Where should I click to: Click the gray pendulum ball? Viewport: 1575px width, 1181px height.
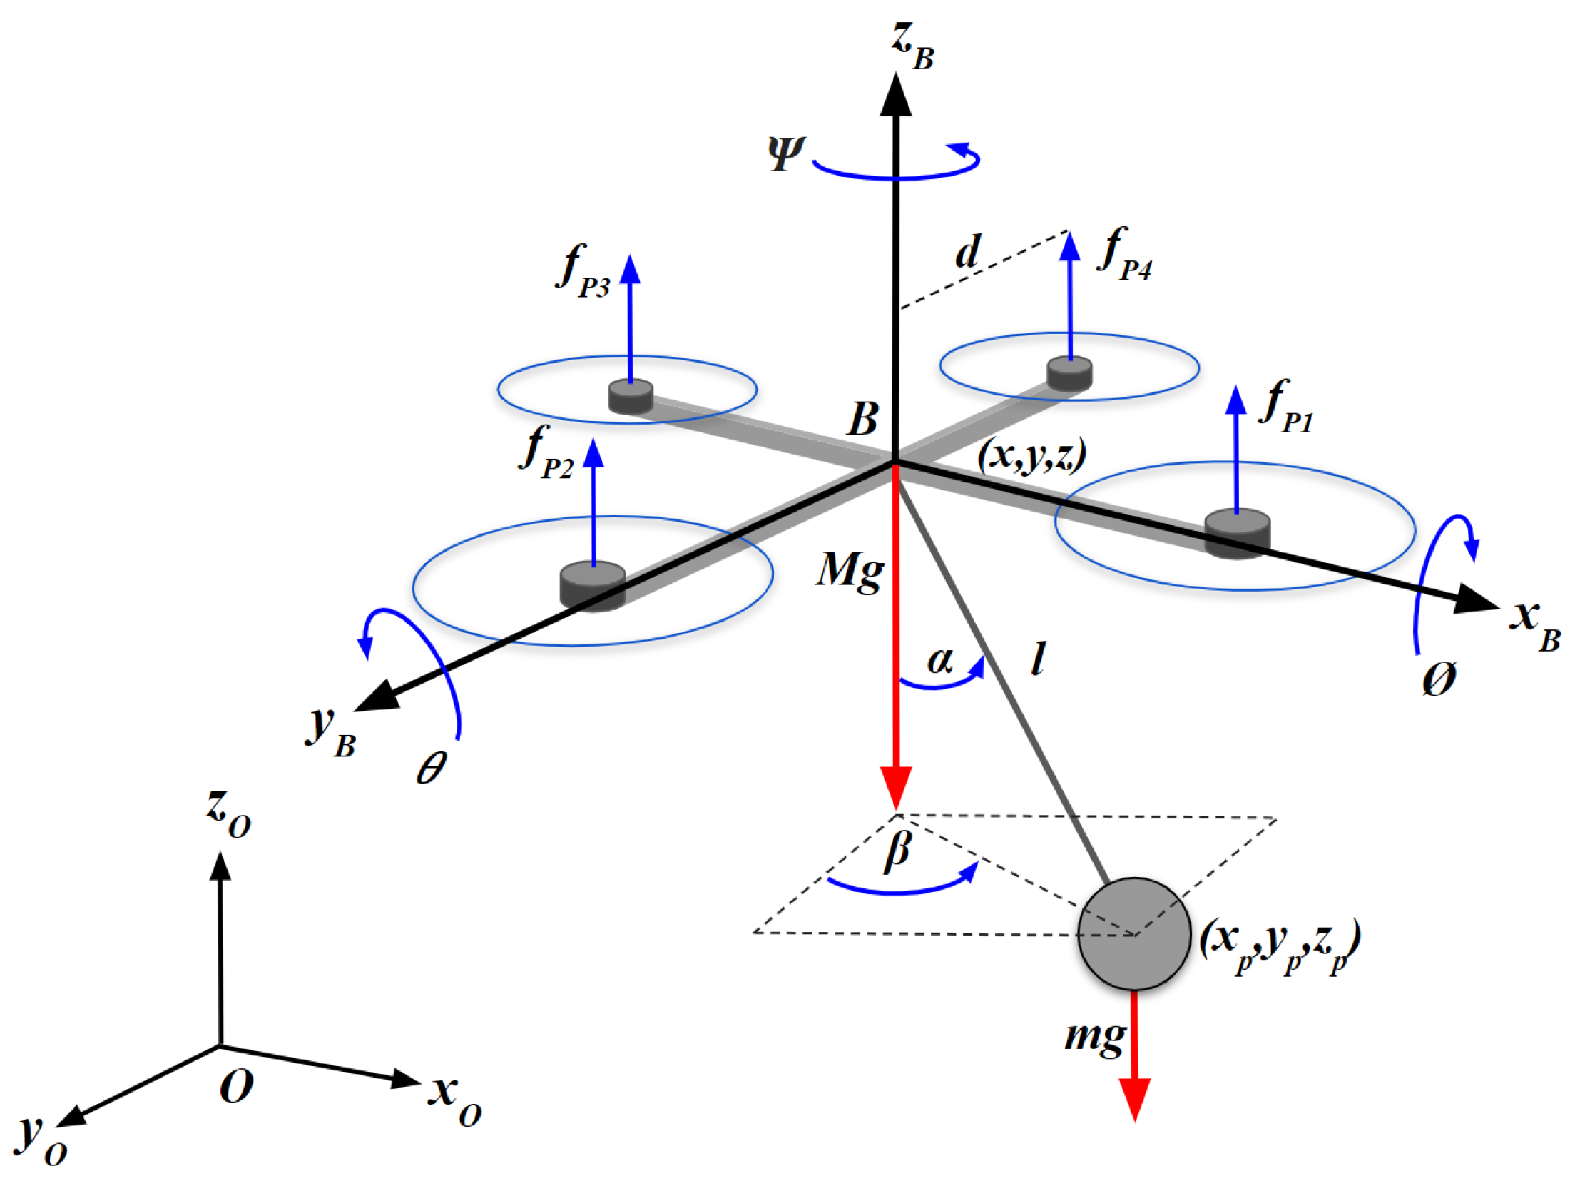[x=1133, y=933]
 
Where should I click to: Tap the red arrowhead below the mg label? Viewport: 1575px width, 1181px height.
[x=1134, y=1100]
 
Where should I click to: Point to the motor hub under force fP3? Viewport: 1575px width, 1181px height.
[x=631, y=397]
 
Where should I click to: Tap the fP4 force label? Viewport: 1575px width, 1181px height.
[x=1125, y=255]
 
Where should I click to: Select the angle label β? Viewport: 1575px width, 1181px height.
[x=897, y=851]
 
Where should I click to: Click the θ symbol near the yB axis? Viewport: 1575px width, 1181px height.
[x=432, y=767]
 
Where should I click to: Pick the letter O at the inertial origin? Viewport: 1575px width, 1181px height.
[x=236, y=1086]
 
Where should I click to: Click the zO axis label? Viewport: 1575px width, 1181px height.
[x=228, y=813]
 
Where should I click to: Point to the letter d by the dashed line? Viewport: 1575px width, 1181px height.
[x=968, y=252]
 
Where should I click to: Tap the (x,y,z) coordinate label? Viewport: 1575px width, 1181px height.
[x=1031, y=455]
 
